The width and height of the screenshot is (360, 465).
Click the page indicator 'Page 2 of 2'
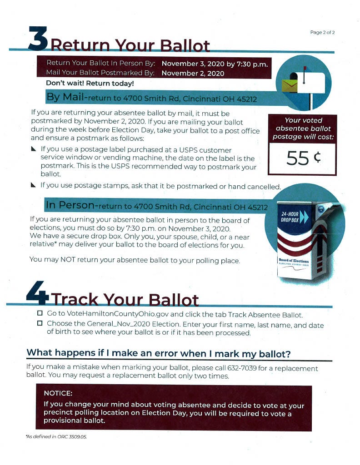click(322, 32)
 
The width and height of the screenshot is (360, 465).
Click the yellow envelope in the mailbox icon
click(289, 84)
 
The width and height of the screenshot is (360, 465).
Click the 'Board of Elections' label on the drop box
click(294, 261)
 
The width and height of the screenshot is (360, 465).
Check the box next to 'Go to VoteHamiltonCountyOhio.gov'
click(40, 314)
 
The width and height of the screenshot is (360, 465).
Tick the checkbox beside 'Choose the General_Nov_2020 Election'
click(40, 324)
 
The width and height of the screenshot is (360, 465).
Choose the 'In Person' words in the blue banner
click(71, 206)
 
